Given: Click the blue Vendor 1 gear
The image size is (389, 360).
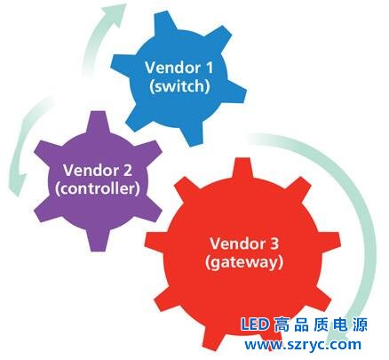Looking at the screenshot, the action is [x=178, y=78].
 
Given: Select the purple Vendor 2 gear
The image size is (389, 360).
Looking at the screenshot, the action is [x=98, y=181].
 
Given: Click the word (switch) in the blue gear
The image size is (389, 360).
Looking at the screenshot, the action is [x=179, y=86].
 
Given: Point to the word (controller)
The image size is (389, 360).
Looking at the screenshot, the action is [x=98, y=189].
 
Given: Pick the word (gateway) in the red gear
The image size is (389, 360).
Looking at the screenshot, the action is [x=244, y=262].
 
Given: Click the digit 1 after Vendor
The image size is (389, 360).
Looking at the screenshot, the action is [x=209, y=68].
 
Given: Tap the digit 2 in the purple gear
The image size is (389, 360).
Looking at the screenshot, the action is [x=127, y=170].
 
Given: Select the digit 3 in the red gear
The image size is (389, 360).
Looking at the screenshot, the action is [x=274, y=244].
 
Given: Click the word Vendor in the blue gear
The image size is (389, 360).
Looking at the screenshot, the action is [x=172, y=68].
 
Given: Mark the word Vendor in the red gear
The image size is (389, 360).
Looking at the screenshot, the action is [x=237, y=244].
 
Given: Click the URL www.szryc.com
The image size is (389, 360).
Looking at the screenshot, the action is [x=303, y=345].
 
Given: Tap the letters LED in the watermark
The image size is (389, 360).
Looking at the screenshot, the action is [x=255, y=324].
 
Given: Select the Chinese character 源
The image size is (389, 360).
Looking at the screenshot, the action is [x=360, y=324].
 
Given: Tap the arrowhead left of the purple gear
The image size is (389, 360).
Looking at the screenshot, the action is [x=19, y=184].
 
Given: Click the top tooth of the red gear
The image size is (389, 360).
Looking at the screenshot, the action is [x=242, y=167].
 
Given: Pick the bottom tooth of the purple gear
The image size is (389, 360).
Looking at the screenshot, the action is [x=98, y=241].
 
